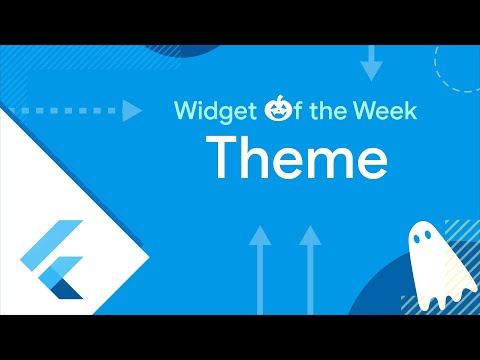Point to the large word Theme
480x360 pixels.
click(296, 160)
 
